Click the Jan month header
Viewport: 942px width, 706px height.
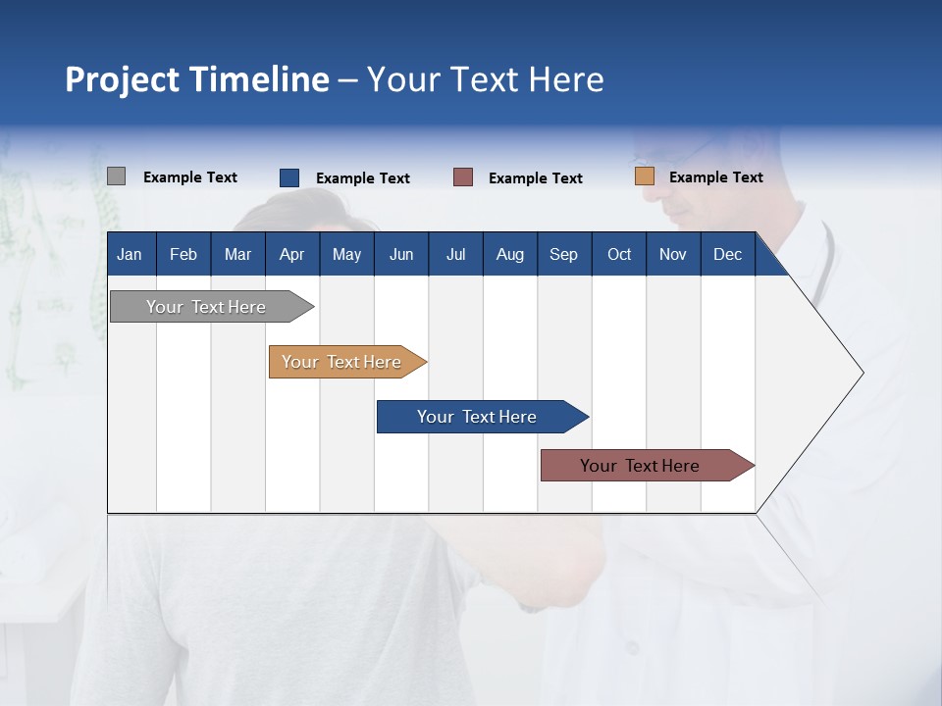click(x=130, y=254)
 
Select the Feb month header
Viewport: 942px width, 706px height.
click(x=183, y=254)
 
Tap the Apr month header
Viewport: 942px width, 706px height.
click(x=291, y=254)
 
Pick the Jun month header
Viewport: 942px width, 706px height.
click(x=401, y=254)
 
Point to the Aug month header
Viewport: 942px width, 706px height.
click(x=509, y=254)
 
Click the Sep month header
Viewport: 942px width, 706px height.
click(x=563, y=254)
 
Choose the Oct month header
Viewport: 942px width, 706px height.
click(x=619, y=254)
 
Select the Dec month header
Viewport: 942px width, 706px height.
click(x=727, y=254)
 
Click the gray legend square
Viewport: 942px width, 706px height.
click(x=116, y=176)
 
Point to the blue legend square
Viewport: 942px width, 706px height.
click(x=289, y=177)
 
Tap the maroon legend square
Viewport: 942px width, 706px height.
click(x=463, y=177)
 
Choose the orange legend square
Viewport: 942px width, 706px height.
click(x=644, y=176)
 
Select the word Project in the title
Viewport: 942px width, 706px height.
click(x=122, y=79)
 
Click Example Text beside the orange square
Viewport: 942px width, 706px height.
click(x=715, y=177)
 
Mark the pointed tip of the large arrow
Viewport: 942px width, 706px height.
click(x=862, y=373)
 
